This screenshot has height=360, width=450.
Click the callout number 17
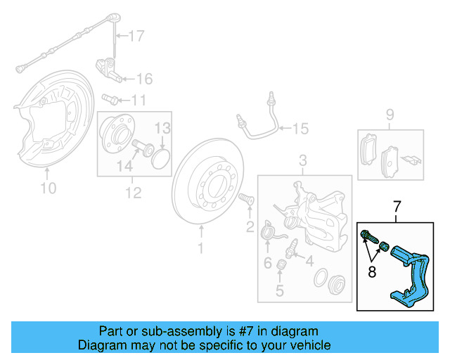pyautogui.click(x=135, y=34)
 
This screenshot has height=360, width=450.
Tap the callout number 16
pyautogui.click(x=143, y=78)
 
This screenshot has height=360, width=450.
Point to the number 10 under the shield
pyautogui.click(x=48, y=188)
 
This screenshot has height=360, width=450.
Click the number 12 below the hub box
pyautogui.click(x=133, y=192)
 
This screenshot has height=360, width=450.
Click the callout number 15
pyautogui.click(x=300, y=129)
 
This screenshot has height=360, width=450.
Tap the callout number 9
pyautogui.click(x=390, y=115)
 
